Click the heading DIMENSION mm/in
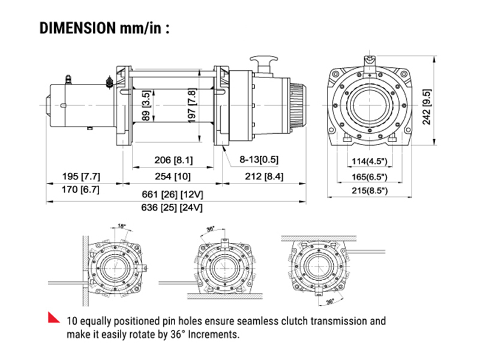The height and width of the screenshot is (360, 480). pyautogui.click(x=103, y=28)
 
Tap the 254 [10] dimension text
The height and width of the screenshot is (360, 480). pyautogui.click(x=173, y=176)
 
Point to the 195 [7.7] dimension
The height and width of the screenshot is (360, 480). pyautogui.click(x=81, y=176)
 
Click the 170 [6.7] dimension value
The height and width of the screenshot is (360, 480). pyautogui.click(x=81, y=190)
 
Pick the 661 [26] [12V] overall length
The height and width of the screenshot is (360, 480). pyautogui.click(x=173, y=195)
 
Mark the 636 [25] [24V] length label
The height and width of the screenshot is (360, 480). pyautogui.click(x=173, y=208)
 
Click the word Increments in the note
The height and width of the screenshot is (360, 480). pyautogui.click(x=211, y=334)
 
